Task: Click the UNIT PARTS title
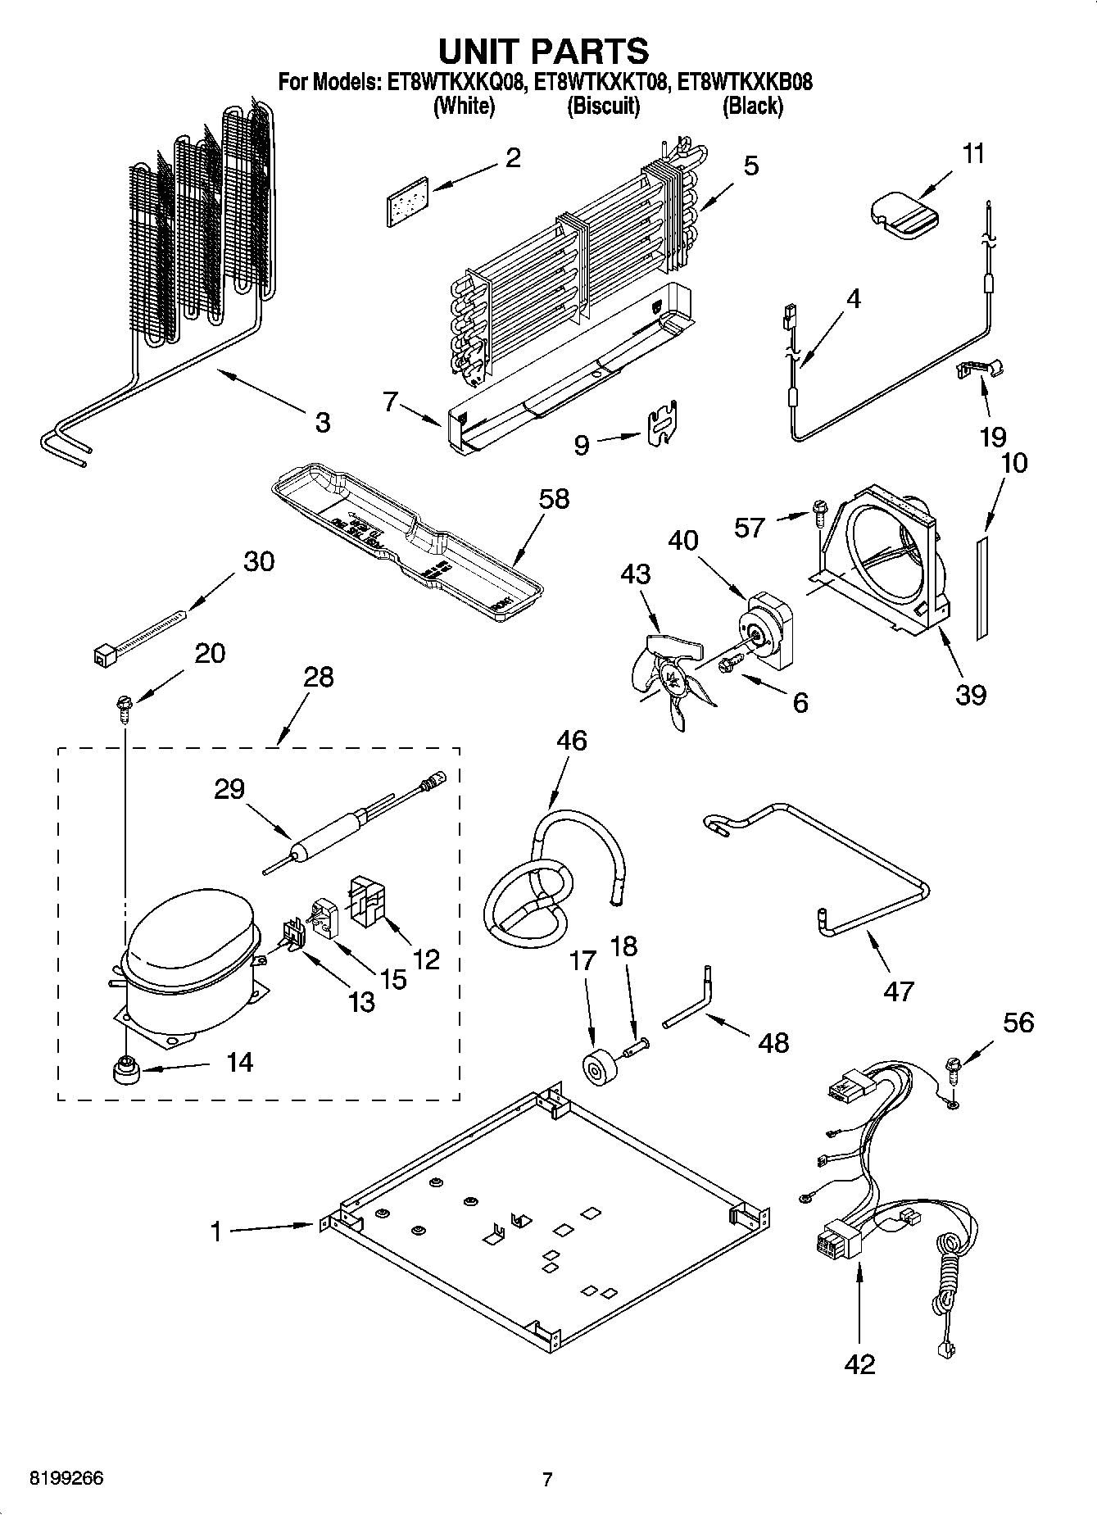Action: click(543, 51)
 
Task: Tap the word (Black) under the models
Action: click(752, 107)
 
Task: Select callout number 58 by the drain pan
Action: click(553, 498)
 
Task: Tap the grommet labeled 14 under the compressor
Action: click(125, 1069)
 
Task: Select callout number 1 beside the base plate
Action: click(215, 1232)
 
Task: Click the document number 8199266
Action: click(66, 1478)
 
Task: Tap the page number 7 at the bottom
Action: click(547, 1479)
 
